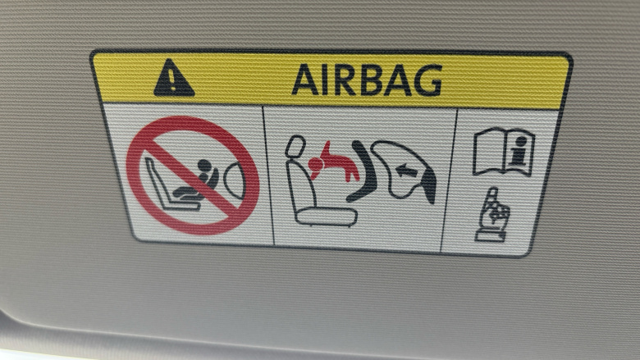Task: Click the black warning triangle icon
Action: click(174, 79)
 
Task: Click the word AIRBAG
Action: click(367, 80)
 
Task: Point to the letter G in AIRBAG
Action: click(427, 81)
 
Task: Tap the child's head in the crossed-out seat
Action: click(204, 166)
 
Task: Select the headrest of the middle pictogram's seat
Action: click(295, 146)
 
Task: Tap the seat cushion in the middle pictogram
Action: click(327, 216)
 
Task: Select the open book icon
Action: click(504, 151)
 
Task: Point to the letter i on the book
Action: click(519, 149)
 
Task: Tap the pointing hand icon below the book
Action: click(492, 215)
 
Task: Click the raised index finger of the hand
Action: click(493, 197)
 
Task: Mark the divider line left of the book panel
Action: click(449, 180)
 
